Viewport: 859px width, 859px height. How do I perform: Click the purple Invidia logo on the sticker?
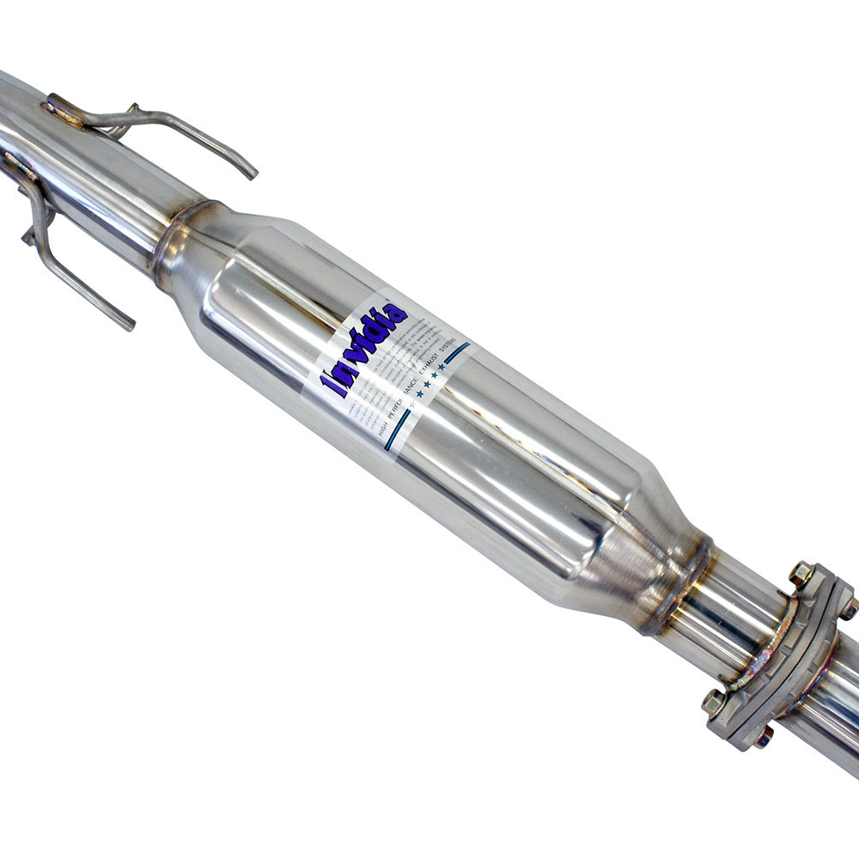(364, 349)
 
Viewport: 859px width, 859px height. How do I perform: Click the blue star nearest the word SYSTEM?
(442, 367)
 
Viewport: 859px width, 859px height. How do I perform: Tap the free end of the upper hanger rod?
(252, 174)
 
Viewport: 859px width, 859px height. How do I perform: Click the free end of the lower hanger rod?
(129, 325)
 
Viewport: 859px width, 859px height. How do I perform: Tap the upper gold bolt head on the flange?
(801, 573)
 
